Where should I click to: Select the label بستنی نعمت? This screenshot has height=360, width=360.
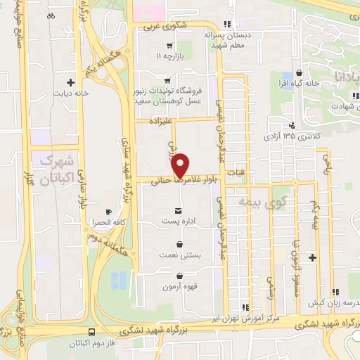[181, 257]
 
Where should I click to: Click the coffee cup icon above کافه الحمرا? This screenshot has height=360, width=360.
[108, 212]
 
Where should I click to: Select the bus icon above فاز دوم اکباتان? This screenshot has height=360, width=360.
[91, 332]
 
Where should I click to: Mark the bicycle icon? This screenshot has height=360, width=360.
[51, 15]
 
